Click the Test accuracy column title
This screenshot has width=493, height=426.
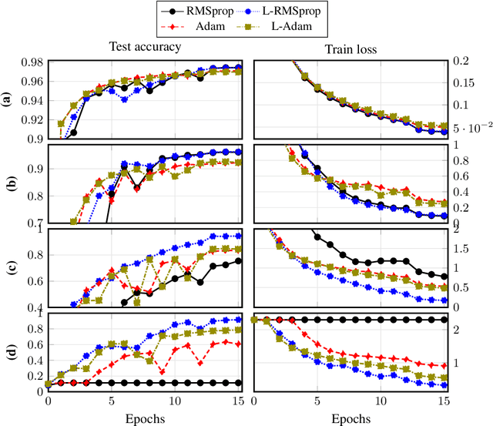tap(146, 47)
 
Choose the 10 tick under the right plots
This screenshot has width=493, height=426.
tap(380, 401)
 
